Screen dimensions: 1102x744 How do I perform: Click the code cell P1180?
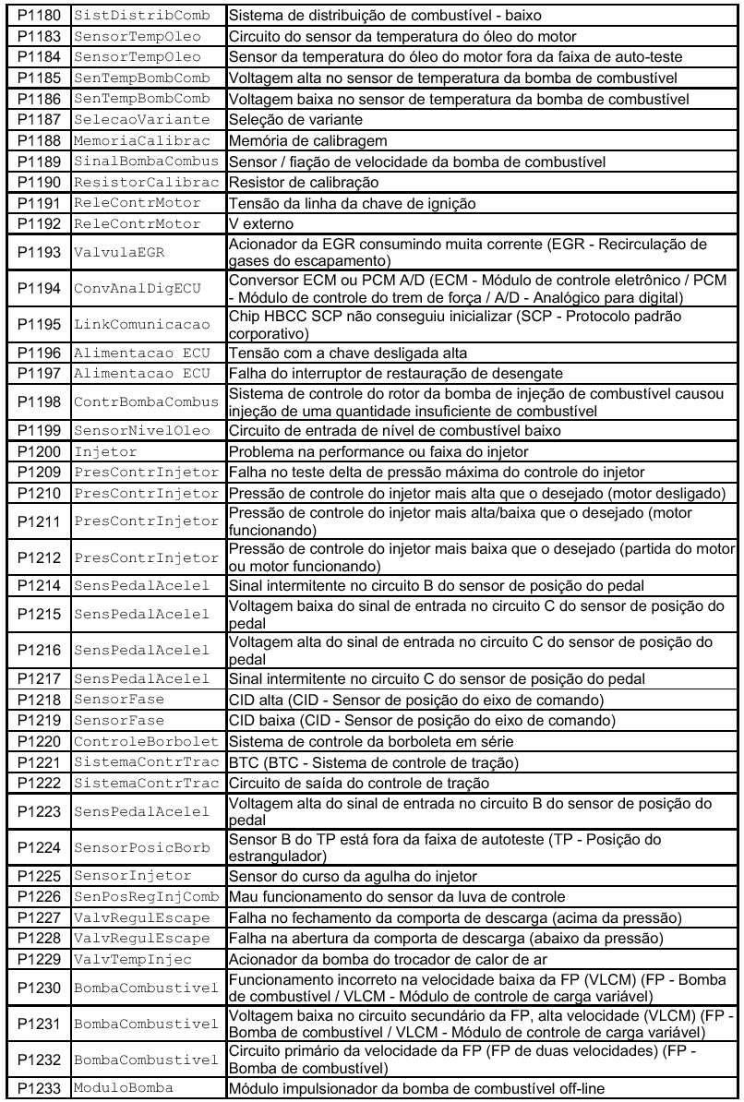pos(35,16)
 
